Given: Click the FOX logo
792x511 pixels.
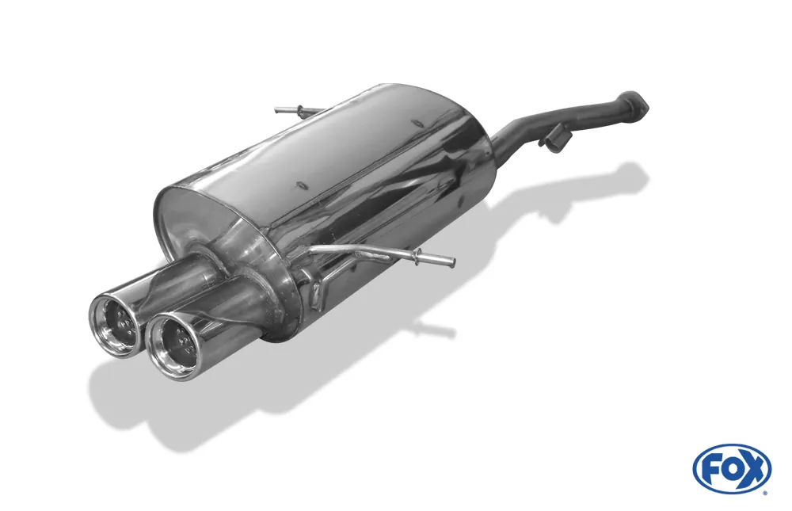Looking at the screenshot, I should coord(732,468).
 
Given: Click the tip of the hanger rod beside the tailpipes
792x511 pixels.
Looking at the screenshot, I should coord(451,261).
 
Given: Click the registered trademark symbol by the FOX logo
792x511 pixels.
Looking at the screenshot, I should coord(764,493).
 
